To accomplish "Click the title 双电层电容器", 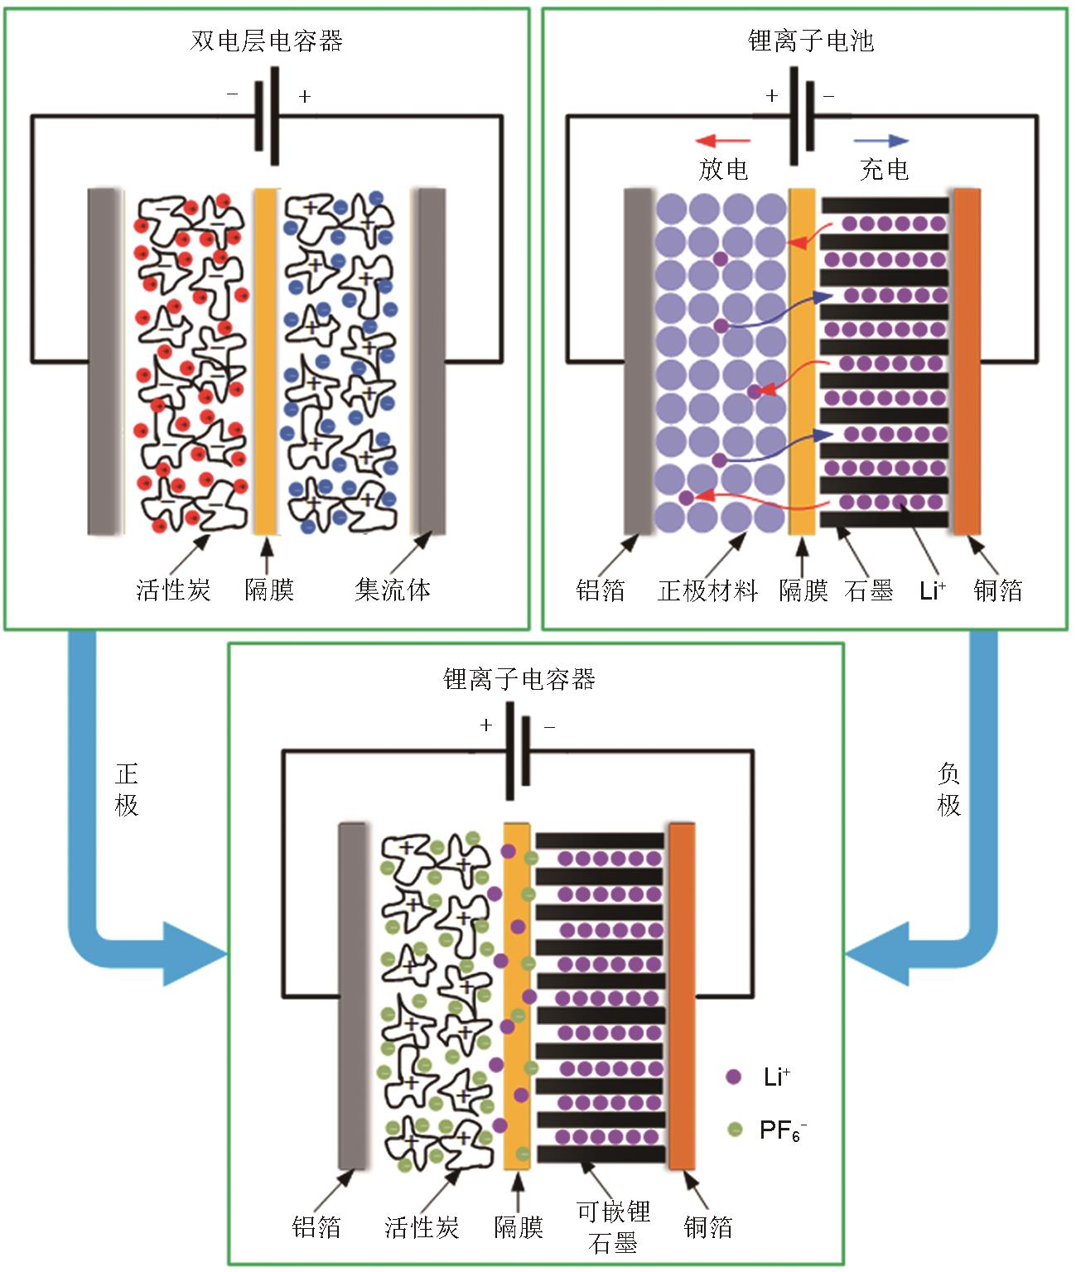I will (266, 41).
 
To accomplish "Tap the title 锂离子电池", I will (810, 41).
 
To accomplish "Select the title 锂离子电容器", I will (519, 680).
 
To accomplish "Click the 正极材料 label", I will (707, 590).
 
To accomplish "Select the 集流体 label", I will (393, 590).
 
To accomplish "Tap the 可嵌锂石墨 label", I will (613, 1226).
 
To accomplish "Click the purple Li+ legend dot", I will (733, 1077).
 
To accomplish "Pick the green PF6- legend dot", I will (734, 1129).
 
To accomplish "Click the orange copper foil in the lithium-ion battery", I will (967, 361).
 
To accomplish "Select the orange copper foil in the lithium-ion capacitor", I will (682, 995).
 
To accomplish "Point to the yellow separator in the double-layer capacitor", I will (265, 361).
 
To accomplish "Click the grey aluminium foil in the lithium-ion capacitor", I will (352, 995).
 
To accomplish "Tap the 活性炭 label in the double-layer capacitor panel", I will (173, 590).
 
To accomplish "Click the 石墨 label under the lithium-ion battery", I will (868, 590).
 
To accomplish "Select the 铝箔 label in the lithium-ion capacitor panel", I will (316, 1226).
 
